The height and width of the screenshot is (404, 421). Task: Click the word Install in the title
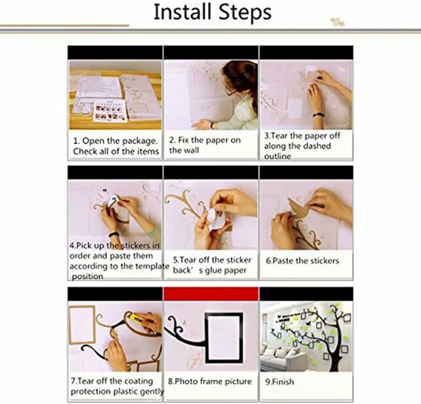[184, 12]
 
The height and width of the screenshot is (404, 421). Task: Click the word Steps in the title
[245, 13]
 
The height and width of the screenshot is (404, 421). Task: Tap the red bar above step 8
[211, 293]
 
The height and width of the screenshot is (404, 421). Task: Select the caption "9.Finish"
[280, 382]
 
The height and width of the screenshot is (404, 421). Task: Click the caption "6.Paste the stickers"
[303, 261]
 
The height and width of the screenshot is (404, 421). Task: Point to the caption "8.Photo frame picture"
[210, 381]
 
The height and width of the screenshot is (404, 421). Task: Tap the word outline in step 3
[277, 156]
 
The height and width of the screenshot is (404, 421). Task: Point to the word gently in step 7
[151, 391]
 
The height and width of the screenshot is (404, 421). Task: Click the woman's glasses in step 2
[230, 91]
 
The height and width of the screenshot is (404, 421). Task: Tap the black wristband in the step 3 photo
[319, 115]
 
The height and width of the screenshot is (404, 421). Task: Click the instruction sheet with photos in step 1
[109, 111]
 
